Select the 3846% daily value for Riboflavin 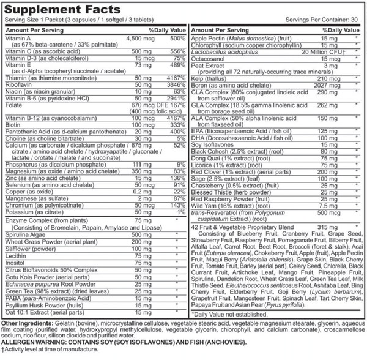[174, 84]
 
